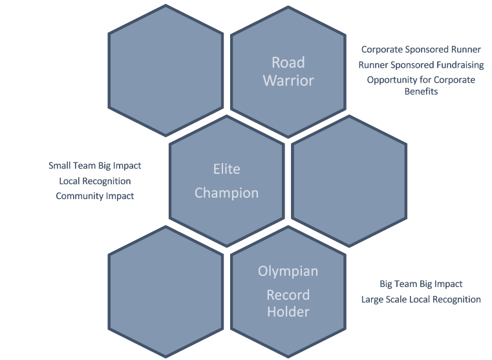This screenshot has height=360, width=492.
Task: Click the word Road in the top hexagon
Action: (x=288, y=63)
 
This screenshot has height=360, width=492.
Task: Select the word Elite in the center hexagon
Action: (x=226, y=169)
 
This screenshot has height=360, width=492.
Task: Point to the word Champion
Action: (x=226, y=193)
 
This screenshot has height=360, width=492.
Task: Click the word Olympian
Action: (x=288, y=271)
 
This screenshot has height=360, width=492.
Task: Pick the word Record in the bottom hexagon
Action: (x=288, y=295)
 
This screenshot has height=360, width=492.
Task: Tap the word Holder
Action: (x=288, y=312)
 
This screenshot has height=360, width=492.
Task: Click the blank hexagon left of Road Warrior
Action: (x=166, y=70)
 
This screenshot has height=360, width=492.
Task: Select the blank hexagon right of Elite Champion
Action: (x=349, y=180)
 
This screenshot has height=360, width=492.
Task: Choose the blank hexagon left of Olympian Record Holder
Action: (x=166, y=291)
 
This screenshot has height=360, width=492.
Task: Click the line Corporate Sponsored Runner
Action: (x=421, y=49)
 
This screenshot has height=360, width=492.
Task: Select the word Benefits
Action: (x=421, y=91)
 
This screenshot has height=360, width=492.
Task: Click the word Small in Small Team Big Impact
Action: (x=59, y=165)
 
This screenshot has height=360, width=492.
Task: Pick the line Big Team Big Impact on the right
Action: (x=421, y=284)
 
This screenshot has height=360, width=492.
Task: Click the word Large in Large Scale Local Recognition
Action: (x=373, y=299)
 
